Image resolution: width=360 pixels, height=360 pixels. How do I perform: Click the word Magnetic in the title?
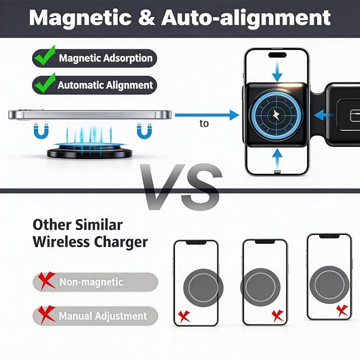(x=80, y=19)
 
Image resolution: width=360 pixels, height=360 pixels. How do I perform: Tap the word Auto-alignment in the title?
(x=246, y=19)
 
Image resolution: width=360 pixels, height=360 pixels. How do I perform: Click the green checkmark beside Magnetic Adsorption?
(x=45, y=56)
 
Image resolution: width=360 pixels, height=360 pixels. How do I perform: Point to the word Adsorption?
(x=128, y=58)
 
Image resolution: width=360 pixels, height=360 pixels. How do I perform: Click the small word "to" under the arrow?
(x=204, y=124)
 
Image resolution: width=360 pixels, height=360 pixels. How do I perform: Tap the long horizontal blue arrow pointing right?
(x=207, y=115)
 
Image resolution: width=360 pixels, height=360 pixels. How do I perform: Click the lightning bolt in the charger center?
(x=276, y=115)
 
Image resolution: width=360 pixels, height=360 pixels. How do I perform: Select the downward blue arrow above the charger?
(x=277, y=72)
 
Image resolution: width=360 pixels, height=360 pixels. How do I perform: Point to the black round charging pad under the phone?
(x=90, y=153)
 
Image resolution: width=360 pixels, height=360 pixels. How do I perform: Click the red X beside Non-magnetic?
(x=47, y=281)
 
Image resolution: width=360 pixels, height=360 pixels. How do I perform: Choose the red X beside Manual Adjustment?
(x=47, y=314)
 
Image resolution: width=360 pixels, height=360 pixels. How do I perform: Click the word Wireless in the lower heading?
(x=61, y=242)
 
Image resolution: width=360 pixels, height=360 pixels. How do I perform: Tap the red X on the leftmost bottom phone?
(x=184, y=316)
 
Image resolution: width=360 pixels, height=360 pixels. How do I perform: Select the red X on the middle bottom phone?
(x=278, y=315)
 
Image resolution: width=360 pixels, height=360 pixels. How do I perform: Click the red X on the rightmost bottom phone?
(x=343, y=311)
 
